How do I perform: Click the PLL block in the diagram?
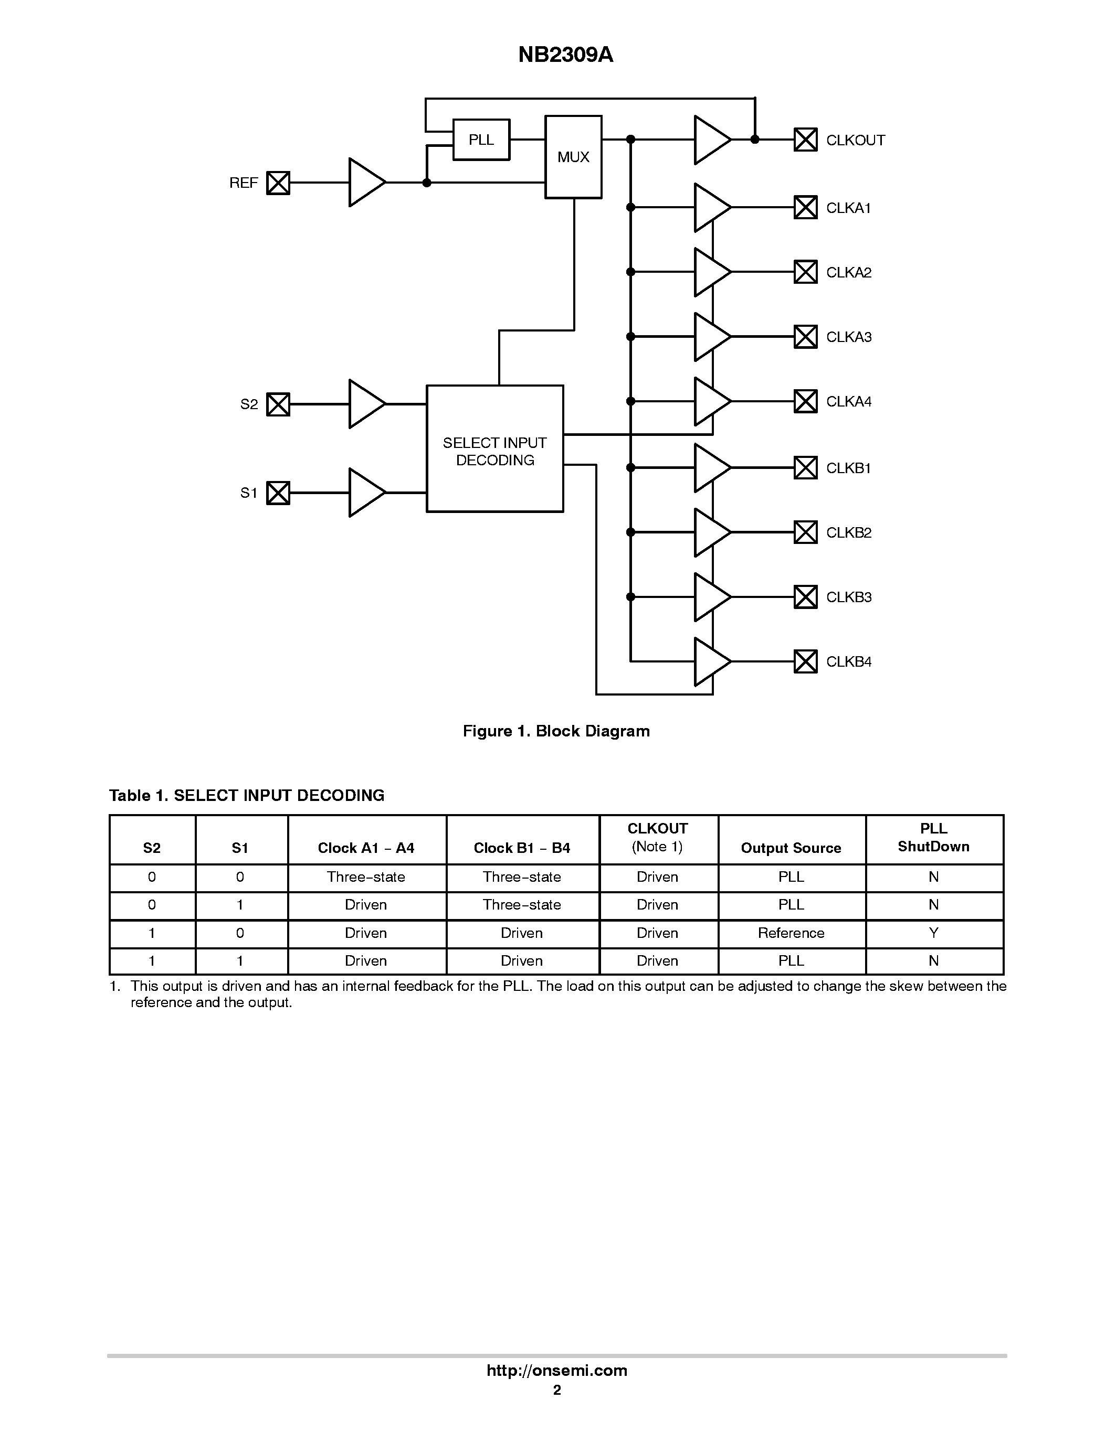coord(481,140)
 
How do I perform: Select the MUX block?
coord(573,157)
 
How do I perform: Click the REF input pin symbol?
coord(278,183)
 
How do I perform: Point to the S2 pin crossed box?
coord(278,404)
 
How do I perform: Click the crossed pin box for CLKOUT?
coord(805,140)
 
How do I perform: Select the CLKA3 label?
coord(848,337)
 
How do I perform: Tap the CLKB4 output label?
coord(848,661)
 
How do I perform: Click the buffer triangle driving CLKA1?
coord(710,208)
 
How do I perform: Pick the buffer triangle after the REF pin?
coord(364,183)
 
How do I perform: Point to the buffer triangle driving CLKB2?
coord(710,532)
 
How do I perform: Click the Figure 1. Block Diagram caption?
coord(556,731)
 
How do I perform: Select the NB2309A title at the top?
coord(565,55)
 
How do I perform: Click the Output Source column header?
coord(791,848)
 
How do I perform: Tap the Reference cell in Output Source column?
coord(791,933)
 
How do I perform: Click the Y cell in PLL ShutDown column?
coord(933,933)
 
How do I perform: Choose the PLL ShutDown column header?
coord(933,838)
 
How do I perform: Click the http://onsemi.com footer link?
coord(556,1370)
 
